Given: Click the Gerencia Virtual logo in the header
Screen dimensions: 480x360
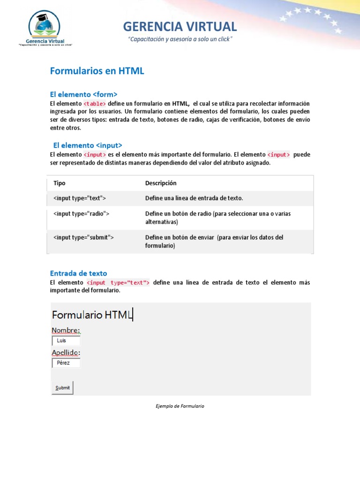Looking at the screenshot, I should coord(45,28).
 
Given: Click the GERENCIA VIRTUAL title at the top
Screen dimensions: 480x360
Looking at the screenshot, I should coord(180,26).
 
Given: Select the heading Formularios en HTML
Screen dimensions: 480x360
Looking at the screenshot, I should coord(97,71).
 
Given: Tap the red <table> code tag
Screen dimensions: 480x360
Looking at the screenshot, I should coord(95,104).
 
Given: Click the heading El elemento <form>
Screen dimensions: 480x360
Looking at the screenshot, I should coord(83,94).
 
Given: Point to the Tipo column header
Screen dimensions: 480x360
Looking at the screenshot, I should coord(60,183).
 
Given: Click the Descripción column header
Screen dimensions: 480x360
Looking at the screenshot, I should coord(161,183).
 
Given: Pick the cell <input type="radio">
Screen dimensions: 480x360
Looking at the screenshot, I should coord(82,214).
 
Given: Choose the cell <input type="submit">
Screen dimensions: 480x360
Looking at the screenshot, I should coord(84,238).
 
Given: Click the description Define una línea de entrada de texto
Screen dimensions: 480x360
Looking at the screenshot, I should coord(194,198).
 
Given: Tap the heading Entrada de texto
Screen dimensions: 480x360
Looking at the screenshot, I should coord(78,273).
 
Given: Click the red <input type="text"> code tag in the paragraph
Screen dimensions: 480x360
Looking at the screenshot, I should coord(118,283).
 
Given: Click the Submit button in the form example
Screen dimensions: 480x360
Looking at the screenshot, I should coord(62,388).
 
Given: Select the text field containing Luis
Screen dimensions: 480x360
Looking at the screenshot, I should coord(66,341).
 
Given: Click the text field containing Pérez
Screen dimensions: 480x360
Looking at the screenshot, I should coord(66,363).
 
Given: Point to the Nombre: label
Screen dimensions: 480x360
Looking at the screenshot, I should coord(66,330).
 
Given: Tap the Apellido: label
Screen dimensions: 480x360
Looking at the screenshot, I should coord(66,352).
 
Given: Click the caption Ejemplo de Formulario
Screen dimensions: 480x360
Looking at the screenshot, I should coord(180,406).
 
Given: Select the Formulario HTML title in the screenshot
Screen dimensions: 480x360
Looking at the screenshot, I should coord(92,315).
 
